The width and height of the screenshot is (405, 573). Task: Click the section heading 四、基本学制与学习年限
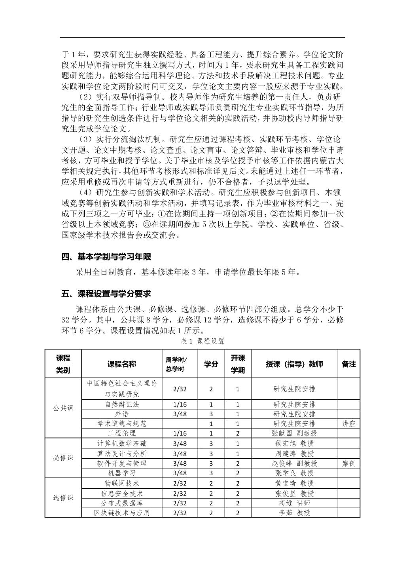click(106, 257)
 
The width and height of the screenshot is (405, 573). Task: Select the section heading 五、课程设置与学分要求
click(106, 294)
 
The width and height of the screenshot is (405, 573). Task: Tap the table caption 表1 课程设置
click(202, 341)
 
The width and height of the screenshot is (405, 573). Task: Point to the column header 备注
click(348, 364)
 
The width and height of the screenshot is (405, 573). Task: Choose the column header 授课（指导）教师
click(294, 364)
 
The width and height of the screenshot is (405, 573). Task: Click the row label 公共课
click(63, 408)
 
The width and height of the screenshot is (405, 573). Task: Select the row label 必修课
click(63, 458)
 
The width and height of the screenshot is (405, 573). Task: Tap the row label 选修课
click(63, 498)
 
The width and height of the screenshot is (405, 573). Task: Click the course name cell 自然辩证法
click(122, 404)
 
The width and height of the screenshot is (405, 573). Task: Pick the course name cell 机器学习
click(122, 473)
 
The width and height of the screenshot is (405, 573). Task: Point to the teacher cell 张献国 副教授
click(294, 433)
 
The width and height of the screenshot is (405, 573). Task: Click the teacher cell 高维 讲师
click(294, 503)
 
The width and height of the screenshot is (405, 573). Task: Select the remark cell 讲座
click(348, 423)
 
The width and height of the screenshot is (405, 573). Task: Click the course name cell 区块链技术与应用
click(122, 513)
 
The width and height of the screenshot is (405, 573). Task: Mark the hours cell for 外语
click(180, 414)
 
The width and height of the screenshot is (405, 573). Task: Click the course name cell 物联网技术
click(122, 483)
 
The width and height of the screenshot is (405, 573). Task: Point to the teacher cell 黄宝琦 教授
click(294, 483)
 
